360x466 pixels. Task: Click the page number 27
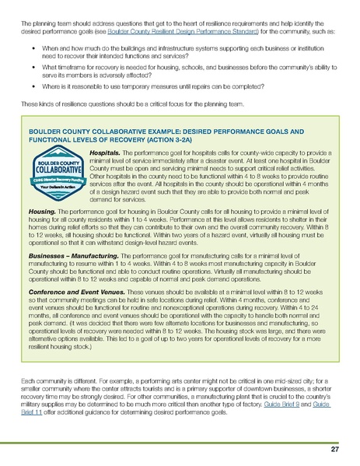pos(334,450)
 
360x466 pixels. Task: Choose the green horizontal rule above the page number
pos(180,440)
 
